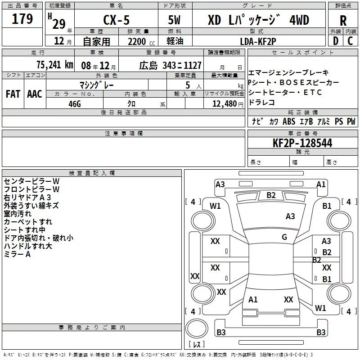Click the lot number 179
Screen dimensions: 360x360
[22, 19]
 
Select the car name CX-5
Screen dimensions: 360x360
[115, 20]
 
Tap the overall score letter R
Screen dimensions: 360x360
[343, 20]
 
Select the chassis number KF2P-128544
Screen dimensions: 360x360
[302, 143]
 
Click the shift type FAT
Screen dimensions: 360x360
[13, 94]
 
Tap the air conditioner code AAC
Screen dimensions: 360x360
[35, 94]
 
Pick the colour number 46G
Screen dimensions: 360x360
[74, 103]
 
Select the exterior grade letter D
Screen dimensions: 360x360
[335, 41]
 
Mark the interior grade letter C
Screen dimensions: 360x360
[350, 41]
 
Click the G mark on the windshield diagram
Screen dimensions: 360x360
[284, 237]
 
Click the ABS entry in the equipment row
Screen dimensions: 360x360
[289, 121]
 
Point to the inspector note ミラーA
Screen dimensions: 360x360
[17, 254]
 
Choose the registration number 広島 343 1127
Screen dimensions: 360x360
[171, 65]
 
